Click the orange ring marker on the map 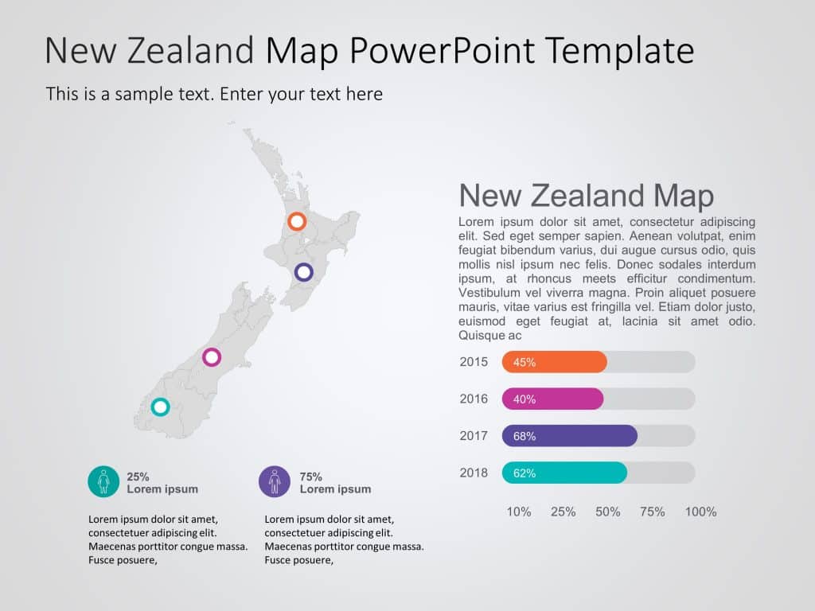point(297,221)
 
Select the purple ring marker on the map point(303,272)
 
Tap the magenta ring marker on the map point(211,356)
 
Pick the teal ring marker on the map point(160,407)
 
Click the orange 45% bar point(555,362)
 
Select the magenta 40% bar point(552,399)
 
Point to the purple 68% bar point(570,436)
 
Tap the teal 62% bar point(564,473)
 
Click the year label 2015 point(474,362)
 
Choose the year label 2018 point(474,473)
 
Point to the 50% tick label point(607,512)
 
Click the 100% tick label point(700,512)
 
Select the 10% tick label point(519,512)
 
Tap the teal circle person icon point(103,481)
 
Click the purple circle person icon point(275,481)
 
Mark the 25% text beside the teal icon point(138,477)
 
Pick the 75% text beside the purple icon point(310,477)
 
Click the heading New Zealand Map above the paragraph point(587,196)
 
